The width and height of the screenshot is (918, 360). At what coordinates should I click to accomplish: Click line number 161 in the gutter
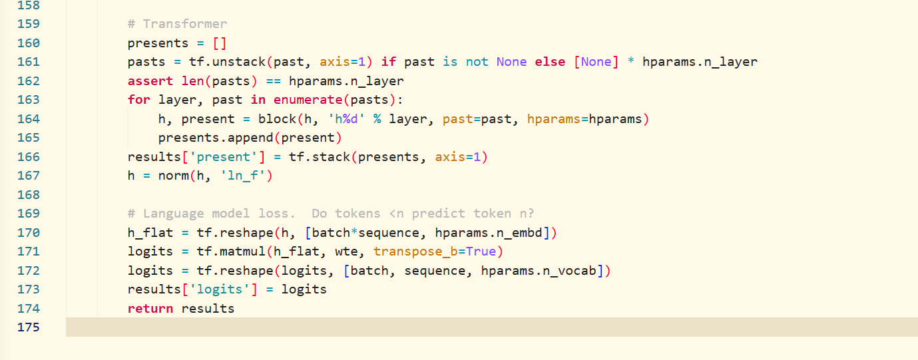point(29,62)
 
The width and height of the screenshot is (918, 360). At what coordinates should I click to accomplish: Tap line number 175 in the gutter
point(29,327)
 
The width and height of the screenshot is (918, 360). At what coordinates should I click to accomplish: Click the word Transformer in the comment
point(185,24)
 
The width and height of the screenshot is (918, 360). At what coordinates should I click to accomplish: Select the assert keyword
point(150,81)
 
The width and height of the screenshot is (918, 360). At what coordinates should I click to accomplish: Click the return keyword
point(150,308)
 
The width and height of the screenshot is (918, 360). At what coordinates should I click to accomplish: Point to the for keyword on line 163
point(138,100)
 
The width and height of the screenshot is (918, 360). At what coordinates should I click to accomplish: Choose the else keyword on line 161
point(550,62)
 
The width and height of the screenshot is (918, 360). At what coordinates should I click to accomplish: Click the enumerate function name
point(308,100)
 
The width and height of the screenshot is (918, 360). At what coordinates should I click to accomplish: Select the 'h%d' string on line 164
point(346,118)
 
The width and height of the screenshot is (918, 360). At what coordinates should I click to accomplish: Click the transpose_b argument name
point(415,252)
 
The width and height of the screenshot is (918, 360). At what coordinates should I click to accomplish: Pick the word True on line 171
point(481,252)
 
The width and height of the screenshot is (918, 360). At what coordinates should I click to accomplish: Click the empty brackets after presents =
point(220,43)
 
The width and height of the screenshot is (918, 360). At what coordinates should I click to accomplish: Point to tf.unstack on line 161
point(227,62)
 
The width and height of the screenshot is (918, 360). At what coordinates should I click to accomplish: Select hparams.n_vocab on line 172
point(539,271)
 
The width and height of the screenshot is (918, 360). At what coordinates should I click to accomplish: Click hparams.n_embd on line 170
point(489,233)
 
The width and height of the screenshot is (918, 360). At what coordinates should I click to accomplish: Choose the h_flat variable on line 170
point(150,233)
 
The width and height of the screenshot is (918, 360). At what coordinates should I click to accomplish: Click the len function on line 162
point(192,81)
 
